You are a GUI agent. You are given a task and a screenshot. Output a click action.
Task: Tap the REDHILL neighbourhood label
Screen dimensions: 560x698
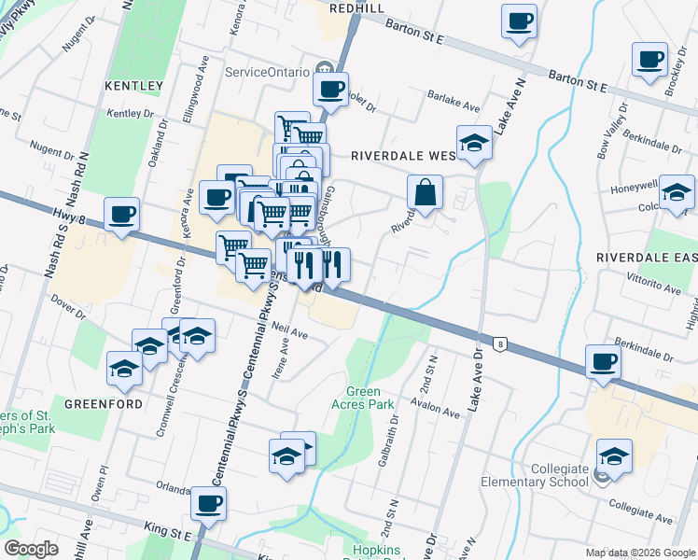click(x=355, y=7)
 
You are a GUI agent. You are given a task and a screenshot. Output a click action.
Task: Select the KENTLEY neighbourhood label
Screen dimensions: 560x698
click(x=135, y=86)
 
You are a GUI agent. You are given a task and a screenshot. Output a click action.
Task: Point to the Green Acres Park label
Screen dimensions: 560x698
click(x=370, y=399)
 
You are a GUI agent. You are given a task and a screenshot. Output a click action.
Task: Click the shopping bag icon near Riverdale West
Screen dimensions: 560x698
click(x=425, y=193)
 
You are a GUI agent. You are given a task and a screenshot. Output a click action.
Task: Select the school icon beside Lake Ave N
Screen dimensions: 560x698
click(x=475, y=143)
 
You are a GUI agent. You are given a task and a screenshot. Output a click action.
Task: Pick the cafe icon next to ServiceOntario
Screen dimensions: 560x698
click(x=329, y=89)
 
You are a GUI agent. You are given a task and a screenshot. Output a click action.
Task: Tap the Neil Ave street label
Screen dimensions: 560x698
click(x=289, y=330)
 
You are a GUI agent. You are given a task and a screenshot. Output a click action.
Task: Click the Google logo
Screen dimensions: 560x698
click(x=31, y=549)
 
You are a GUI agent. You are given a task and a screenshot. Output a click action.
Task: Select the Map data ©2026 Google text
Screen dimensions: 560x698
click(x=639, y=553)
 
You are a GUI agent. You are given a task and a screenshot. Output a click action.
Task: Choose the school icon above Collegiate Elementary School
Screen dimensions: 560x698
click(x=614, y=456)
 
